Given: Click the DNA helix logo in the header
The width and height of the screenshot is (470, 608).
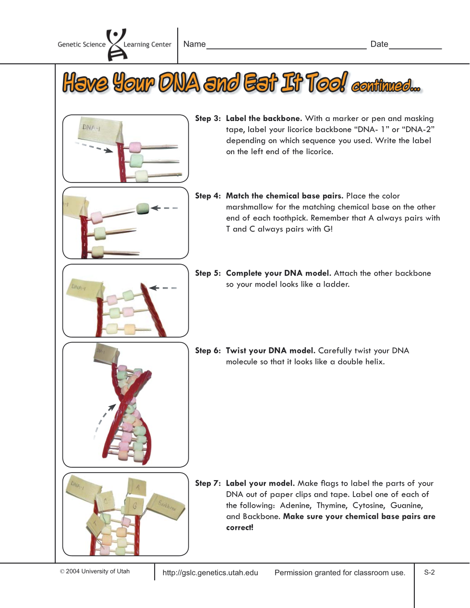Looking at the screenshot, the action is pyautogui.click(x=117, y=44).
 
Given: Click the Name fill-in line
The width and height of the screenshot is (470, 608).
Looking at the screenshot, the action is pyautogui.click(x=286, y=49).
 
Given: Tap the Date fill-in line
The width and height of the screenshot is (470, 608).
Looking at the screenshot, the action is pyautogui.click(x=415, y=49).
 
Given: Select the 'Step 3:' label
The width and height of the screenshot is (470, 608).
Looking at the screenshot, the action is pyautogui.click(x=208, y=118).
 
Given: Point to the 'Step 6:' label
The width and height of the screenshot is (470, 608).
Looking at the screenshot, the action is pyautogui.click(x=208, y=351).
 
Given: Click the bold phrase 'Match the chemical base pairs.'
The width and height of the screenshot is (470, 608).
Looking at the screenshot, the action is pyautogui.click(x=284, y=196).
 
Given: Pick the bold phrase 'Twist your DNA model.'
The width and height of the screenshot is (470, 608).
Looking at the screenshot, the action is pyautogui.click(x=270, y=351).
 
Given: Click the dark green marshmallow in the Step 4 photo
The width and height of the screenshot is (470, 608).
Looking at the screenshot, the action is pyautogui.click(x=143, y=209).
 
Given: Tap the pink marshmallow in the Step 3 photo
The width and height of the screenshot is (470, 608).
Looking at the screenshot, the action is pyautogui.click(x=135, y=147).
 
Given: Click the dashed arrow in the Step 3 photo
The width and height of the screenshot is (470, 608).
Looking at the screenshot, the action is pyautogui.click(x=94, y=147).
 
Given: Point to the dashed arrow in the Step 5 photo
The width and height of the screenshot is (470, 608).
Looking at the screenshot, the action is pyautogui.click(x=163, y=288).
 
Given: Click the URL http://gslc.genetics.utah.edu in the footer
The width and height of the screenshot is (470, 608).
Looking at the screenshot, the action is pyautogui.click(x=210, y=573).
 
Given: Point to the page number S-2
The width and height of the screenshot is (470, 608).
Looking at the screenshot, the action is pyautogui.click(x=429, y=572).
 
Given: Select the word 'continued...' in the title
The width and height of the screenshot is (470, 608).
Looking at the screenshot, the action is pyautogui.click(x=386, y=85).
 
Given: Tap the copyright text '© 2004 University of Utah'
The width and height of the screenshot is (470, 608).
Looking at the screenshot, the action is pyautogui.click(x=95, y=572).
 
